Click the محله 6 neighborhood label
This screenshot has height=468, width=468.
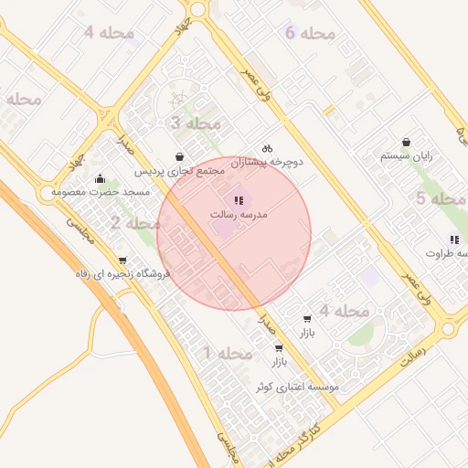(x=310, y=34)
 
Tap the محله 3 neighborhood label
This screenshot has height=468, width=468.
(x=195, y=123)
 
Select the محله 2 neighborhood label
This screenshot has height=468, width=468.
(x=135, y=223)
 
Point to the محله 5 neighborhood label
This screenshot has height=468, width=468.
(x=441, y=198)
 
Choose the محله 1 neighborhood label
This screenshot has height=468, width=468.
(x=227, y=353)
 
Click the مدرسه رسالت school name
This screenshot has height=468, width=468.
(x=239, y=214)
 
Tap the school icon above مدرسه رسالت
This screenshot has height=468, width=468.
(x=239, y=199)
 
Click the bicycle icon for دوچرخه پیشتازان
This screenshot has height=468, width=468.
(x=267, y=147)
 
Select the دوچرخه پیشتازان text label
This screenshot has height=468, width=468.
(x=266, y=162)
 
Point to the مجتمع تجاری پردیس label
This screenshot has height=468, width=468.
(x=178, y=171)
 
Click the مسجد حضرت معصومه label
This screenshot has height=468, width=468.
(x=100, y=193)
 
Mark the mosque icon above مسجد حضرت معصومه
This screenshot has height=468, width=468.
(x=100, y=178)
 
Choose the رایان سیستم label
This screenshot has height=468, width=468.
(x=406, y=156)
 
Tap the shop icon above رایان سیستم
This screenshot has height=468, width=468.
(x=406, y=142)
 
